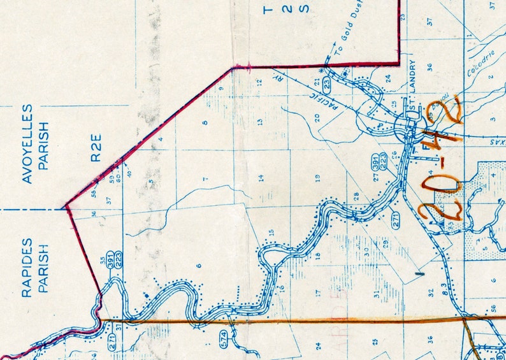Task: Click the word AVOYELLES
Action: [x=27, y=145]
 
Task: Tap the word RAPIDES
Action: [x=27, y=268]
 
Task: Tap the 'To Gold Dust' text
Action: [x=348, y=37]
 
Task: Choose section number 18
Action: [x=317, y=257]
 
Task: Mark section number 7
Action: [x=205, y=180]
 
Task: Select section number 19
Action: [x=317, y=179]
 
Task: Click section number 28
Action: [x=356, y=196]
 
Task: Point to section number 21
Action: [x=317, y=82]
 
